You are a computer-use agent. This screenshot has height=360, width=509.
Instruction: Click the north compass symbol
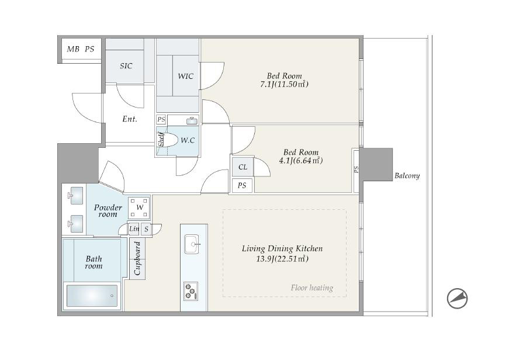pos(457,298)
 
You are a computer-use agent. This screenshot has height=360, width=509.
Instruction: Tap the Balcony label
pos(407,176)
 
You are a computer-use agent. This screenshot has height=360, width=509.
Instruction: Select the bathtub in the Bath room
pos(92,296)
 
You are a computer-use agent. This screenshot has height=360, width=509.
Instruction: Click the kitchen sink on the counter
pos(192,244)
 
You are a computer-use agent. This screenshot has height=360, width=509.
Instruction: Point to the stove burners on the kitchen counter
pos(191,291)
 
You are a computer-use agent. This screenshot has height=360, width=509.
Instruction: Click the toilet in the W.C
pos(168,140)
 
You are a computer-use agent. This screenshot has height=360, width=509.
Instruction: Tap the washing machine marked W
pos(139,207)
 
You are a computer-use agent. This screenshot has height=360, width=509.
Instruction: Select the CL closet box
pos(243,167)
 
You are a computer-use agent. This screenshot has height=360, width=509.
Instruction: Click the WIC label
pos(186,77)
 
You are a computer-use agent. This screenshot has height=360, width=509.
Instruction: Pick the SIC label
pos(126,66)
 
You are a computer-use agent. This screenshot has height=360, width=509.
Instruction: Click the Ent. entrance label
pos(130,119)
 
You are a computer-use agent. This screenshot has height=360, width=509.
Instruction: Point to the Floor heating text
pos(312,288)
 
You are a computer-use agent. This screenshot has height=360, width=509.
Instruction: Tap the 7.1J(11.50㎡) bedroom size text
pos(285,84)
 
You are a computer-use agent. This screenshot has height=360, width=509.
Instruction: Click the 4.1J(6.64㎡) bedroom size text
pos(301,161)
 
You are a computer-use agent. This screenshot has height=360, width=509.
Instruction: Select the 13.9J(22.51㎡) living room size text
pos(282,259)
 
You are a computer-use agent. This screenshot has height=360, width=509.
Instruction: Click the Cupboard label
pos(137,258)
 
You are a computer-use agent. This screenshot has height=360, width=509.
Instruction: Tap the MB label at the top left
pos(73,49)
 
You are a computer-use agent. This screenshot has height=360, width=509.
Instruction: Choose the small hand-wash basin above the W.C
pos(192,120)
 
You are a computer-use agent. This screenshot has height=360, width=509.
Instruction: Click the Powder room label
pos(108,211)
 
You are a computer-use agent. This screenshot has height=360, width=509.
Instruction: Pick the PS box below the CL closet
pos(242,185)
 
